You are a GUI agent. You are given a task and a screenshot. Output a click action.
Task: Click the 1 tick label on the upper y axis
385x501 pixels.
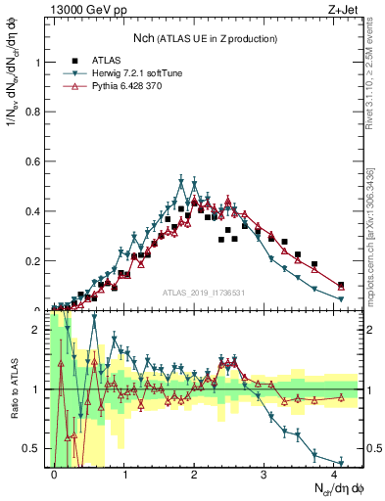tap(39, 62)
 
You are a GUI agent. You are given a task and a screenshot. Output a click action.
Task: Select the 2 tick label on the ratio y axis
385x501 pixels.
tap(39, 330)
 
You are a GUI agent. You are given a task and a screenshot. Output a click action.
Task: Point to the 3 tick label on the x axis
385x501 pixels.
tap(265, 474)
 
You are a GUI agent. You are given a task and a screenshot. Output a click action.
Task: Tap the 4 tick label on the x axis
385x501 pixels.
tap(335, 474)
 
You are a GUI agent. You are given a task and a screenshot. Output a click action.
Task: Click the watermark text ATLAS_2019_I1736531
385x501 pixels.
tap(202, 294)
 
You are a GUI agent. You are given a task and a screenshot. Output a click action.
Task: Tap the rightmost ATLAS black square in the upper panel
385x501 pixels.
tap(341, 285)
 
